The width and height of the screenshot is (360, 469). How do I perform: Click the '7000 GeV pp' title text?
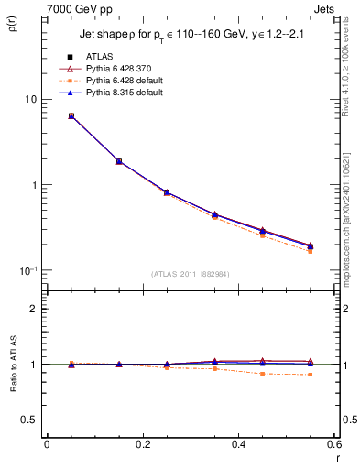80,8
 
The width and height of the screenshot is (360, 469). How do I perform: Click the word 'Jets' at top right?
323,8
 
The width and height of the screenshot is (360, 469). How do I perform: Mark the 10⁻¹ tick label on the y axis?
27,270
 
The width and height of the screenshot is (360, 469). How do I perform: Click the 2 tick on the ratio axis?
33,309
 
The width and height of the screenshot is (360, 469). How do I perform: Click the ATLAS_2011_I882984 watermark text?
191,274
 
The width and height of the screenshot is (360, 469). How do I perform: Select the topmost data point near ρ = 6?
71,116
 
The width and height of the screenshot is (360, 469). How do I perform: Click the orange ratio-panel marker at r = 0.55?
311,375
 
